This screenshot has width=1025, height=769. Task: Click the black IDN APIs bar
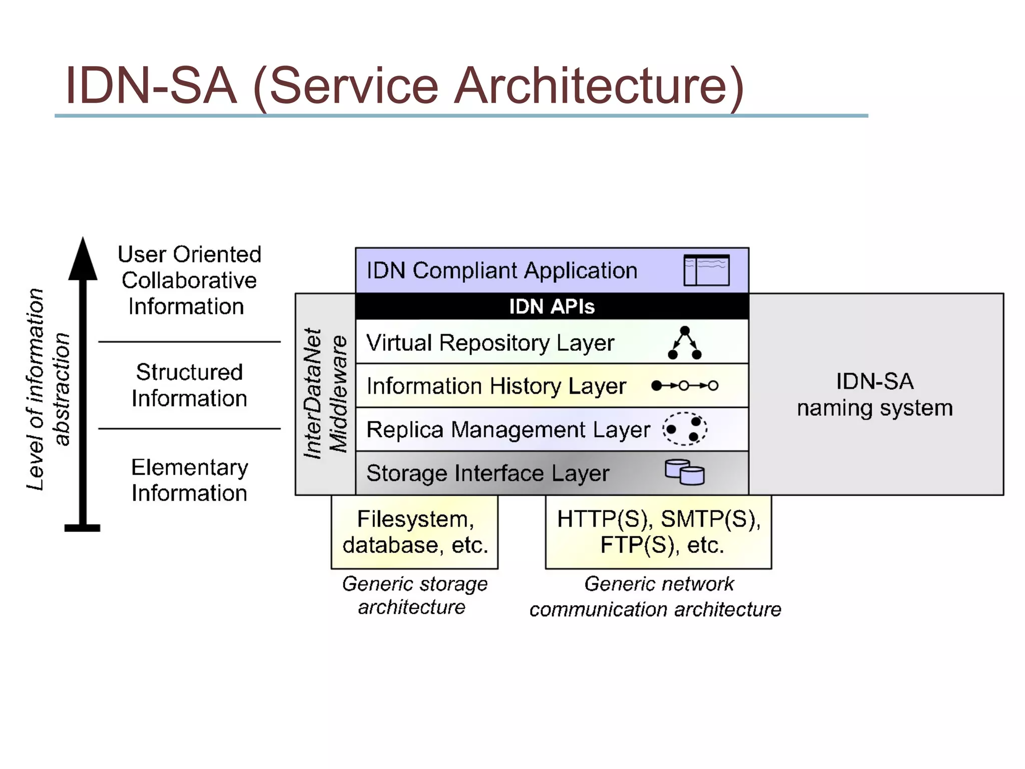(552, 306)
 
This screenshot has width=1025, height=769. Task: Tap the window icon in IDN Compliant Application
(706, 270)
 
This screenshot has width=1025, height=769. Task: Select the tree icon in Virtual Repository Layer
(685, 343)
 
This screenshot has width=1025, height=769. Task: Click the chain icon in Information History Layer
(685, 386)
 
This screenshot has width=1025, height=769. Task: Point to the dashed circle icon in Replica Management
(685, 429)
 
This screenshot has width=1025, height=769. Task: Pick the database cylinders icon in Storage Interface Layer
(685, 472)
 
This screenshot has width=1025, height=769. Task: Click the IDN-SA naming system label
(875, 395)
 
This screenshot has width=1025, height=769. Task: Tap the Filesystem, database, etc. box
(415, 532)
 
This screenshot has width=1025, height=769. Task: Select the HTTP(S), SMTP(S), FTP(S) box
(659, 532)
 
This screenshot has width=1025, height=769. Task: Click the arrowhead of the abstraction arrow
(83, 260)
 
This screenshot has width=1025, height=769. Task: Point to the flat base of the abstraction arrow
(83, 528)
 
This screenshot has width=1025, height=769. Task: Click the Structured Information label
(189, 385)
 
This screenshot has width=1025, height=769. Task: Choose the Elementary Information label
(189, 480)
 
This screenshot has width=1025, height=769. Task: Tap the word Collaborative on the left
(189, 280)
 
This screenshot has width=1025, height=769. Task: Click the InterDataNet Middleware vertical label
(325, 394)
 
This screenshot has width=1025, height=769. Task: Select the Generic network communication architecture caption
(656, 597)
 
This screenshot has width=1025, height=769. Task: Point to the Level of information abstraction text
(48, 390)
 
